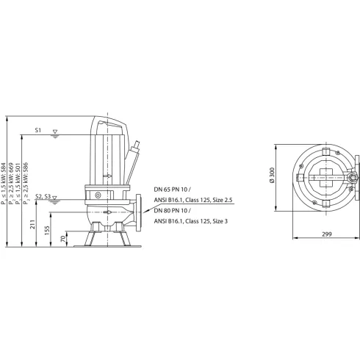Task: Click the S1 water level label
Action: [39, 130]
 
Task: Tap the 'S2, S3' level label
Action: [43, 196]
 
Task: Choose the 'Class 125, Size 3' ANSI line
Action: [190, 220]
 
